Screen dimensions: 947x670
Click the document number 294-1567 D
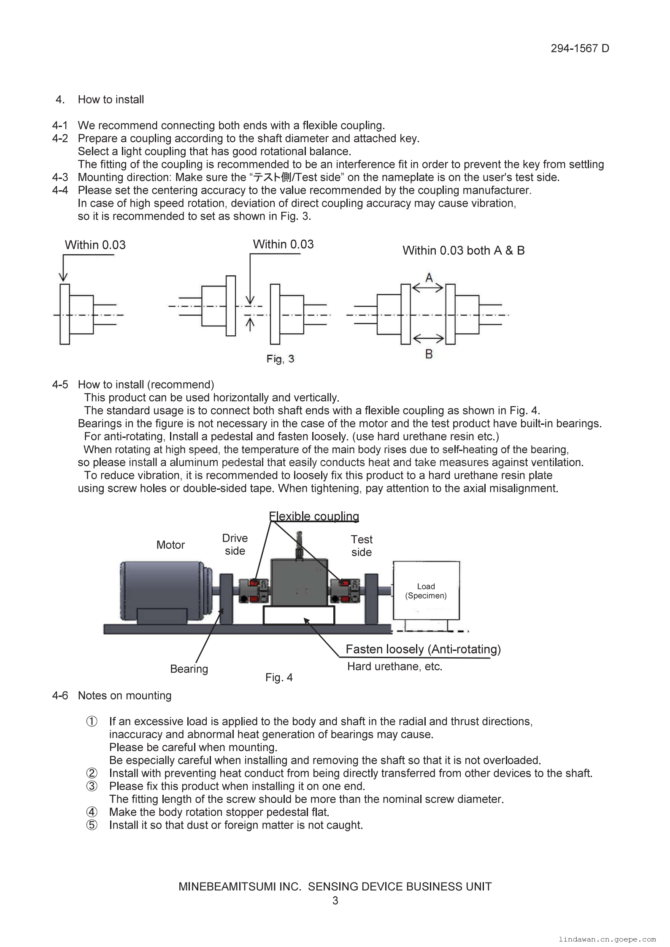(579, 49)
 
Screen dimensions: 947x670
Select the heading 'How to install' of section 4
(111, 100)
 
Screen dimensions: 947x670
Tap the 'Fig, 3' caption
(280, 359)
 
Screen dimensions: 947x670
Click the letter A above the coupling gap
(429, 278)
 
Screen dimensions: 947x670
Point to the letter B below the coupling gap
(429, 354)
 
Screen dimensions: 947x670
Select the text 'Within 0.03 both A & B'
(463, 251)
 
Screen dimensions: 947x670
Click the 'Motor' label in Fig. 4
(170, 545)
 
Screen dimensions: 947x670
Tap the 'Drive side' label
(235, 545)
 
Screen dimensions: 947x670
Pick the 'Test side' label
(362, 546)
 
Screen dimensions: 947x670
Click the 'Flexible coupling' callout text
(314, 516)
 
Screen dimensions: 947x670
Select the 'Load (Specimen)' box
(426, 591)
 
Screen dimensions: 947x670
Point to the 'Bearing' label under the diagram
(189, 669)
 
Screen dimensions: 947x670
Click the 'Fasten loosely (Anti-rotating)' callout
(423, 649)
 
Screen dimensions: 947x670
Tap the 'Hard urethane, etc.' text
(394, 666)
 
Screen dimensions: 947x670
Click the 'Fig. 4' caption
(279, 677)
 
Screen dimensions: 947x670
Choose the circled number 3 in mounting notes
(92, 786)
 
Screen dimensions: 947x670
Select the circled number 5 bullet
(92, 825)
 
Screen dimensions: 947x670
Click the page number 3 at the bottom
(335, 901)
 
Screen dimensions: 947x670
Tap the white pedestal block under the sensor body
(299, 615)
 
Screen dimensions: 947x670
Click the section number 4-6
(60, 696)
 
